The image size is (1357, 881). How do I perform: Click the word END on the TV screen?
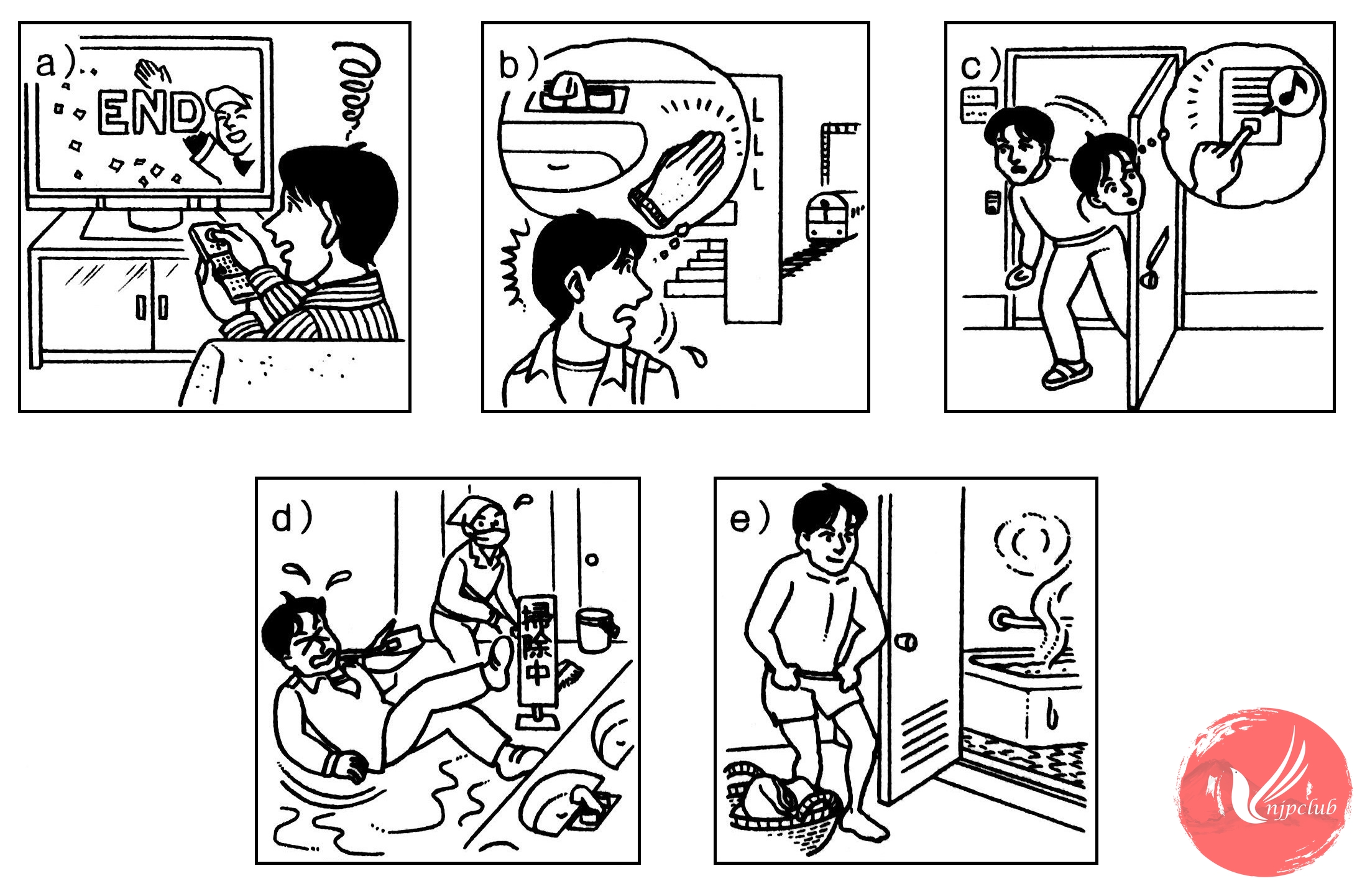tap(150, 114)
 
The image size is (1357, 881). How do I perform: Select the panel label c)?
tap(980, 65)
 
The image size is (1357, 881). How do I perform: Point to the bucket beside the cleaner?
tap(596, 630)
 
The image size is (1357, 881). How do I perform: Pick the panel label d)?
tap(292, 517)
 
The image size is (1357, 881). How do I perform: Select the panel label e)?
tap(750, 518)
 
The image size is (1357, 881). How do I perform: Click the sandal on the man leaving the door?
tap(1065, 373)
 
